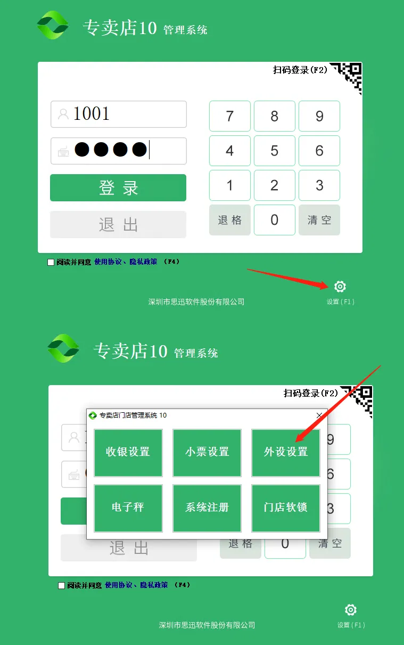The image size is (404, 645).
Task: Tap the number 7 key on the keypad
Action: pos(230,116)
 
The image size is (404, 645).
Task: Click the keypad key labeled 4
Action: pos(230,151)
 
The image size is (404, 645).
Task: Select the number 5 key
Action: pos(275,151)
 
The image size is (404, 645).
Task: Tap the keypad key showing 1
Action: pos(230,185)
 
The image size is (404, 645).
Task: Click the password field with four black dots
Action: pos(119,151)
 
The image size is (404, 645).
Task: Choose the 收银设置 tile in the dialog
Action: pos(128,452)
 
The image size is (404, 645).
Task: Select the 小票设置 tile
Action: pos(207,452)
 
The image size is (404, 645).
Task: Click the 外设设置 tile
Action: pos(286,452)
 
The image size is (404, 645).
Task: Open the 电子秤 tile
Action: pos(128,508)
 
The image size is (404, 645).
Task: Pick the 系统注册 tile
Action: pos(207,508)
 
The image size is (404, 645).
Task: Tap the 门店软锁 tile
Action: pos(286,508)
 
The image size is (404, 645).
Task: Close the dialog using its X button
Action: pos(319,415)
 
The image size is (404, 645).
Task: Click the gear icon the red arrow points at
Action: pos(340,287)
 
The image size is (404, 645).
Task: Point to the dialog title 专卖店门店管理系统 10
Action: pos(133,415)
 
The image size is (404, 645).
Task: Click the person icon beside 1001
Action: pos(63,114)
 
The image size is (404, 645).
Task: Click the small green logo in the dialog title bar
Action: pos(93,415)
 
